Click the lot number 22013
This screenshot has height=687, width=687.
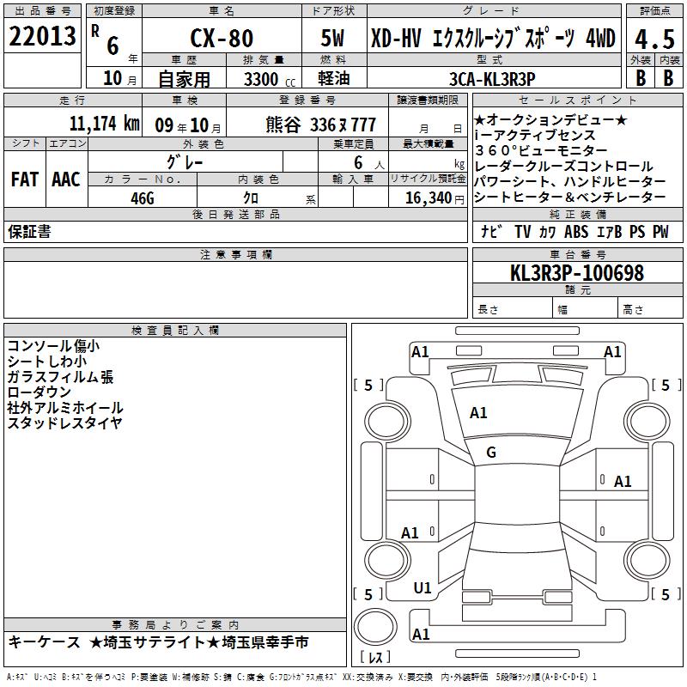pos(42,36)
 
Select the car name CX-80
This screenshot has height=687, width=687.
pos(222,38)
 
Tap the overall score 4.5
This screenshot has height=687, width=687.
pos(654,40)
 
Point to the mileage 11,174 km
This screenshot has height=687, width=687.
pos(104,124)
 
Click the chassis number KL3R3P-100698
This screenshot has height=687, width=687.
pos(577,273)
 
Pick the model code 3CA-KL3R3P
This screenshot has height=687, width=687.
pos(492,79)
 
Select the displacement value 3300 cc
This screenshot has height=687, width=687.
pos(270,79)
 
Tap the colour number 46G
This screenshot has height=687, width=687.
pos(143,198)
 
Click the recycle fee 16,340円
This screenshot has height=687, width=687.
pos(435,198)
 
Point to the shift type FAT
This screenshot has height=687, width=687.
pos(25,179)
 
